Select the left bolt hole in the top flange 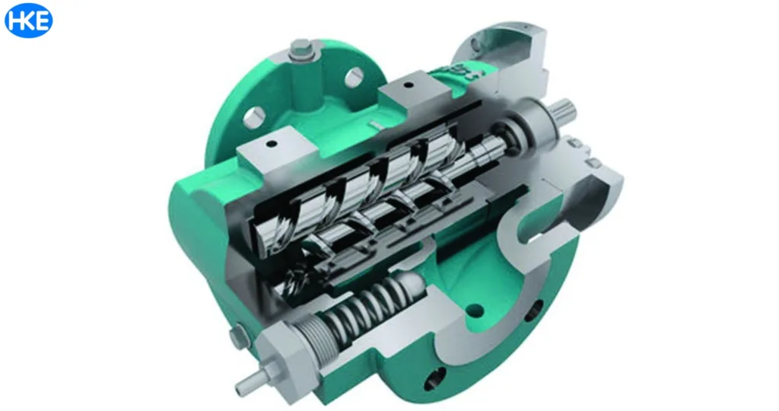[254, 115]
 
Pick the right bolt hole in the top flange [355, 78]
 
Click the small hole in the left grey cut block [269, 143]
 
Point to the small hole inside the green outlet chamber [477, 311]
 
